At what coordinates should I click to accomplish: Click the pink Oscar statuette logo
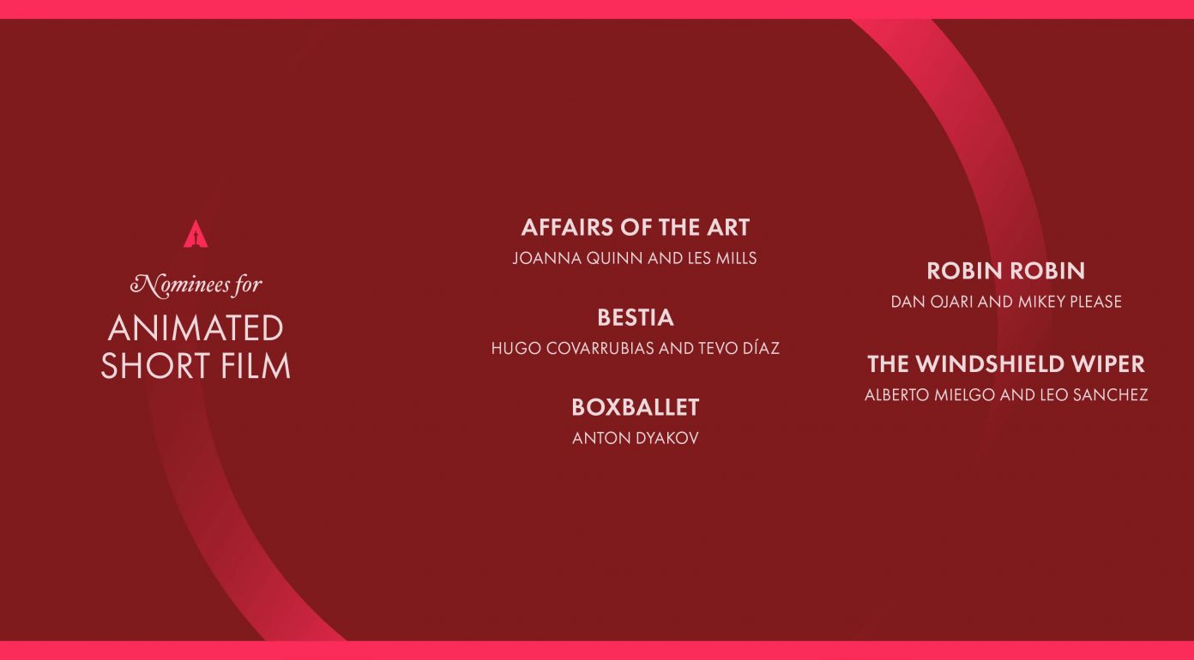196,234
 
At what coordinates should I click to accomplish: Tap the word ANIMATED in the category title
196,327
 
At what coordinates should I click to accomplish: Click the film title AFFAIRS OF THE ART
636,227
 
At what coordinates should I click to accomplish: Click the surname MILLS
736,258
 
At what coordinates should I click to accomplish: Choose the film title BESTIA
636,317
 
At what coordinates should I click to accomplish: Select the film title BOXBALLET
636,407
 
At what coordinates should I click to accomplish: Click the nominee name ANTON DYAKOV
636,438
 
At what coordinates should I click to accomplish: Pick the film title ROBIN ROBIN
1006,271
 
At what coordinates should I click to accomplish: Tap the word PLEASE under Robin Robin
1095,302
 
